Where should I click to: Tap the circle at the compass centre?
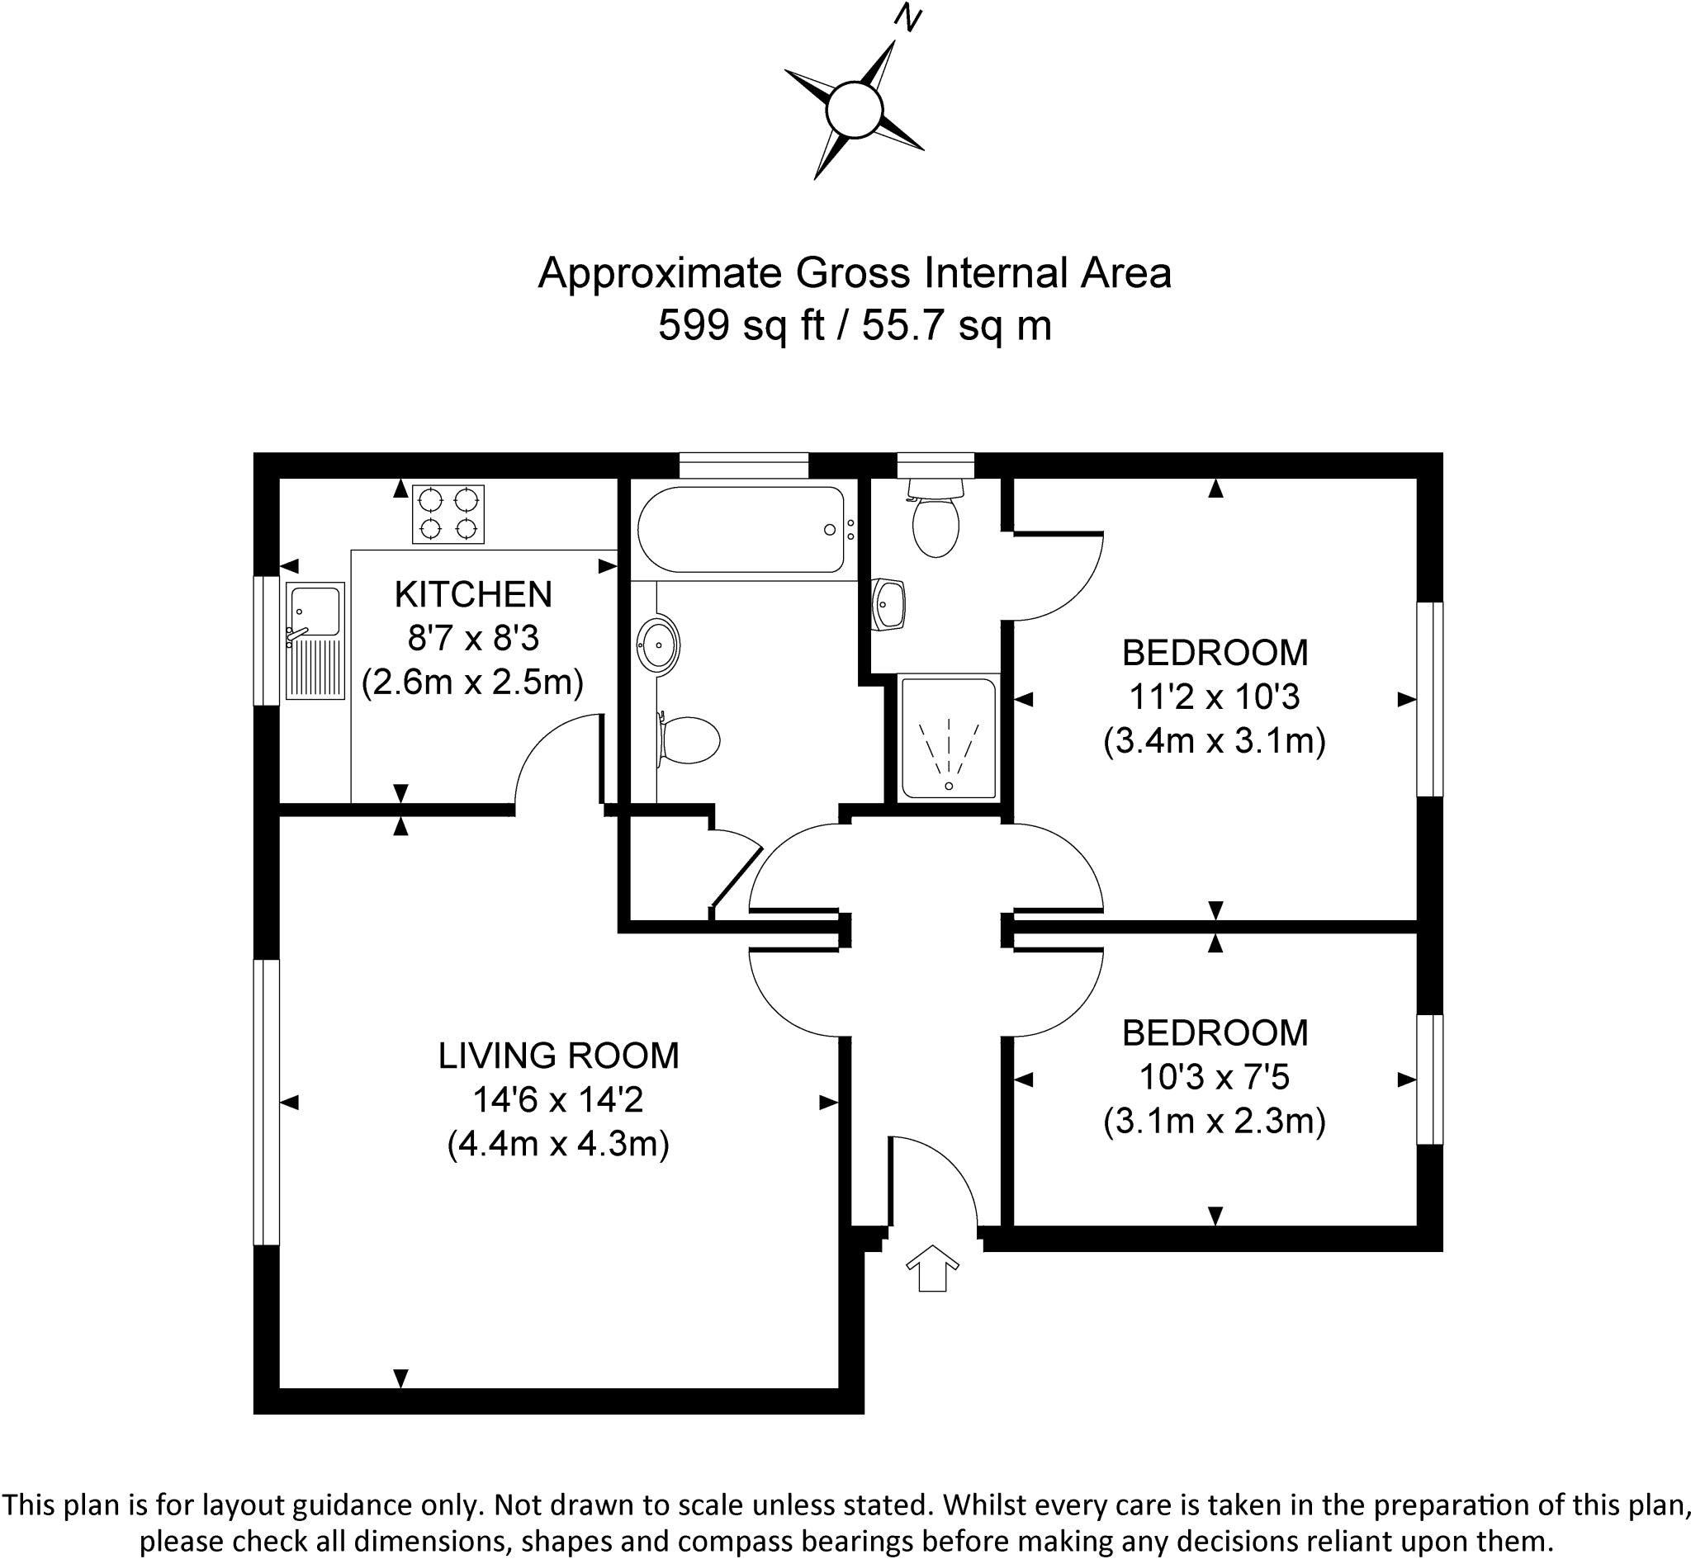[x=854, y=110]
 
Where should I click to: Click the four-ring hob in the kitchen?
[x=448, y=514]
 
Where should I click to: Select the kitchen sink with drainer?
[x=315, y=640]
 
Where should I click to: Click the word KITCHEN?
[x=472, y=595]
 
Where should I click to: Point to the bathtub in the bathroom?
[x=740, y=530]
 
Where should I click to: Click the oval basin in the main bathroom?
[x=657, y=645]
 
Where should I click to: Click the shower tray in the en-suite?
[x=949, y=737]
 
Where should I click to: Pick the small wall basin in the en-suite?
[x=889, y=604]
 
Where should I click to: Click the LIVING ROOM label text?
[x=558, y=1056]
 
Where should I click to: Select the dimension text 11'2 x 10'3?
[x=1215, y=697]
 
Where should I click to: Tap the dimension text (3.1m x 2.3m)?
[x=1215, y=1121]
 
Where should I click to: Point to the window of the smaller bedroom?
[x=1428, y=1079]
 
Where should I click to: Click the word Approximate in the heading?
[x=661, y=273]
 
